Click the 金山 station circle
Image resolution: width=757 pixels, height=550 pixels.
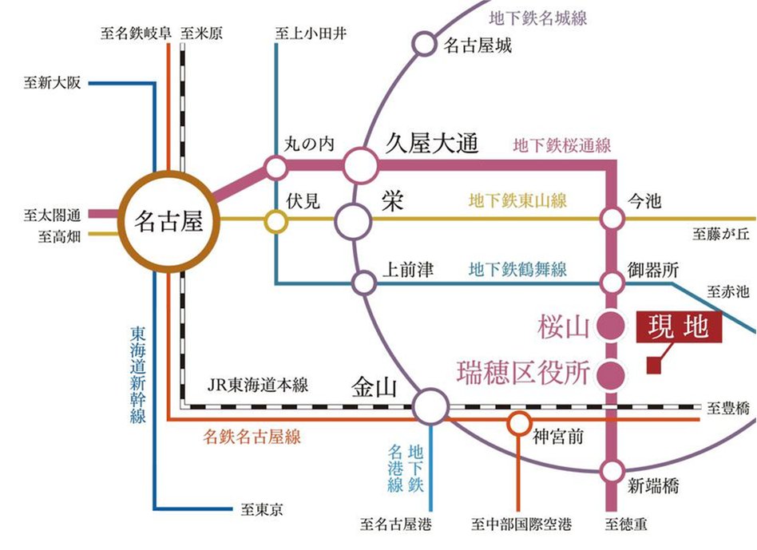[431, 406]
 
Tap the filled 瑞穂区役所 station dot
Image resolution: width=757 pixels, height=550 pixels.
[612, 372]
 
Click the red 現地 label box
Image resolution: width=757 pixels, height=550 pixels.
[678, 327]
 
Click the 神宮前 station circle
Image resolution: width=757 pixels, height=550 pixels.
[520, 421]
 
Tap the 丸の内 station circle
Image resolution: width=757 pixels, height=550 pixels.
[275, 168]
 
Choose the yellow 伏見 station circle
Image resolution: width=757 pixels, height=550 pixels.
[276, 221]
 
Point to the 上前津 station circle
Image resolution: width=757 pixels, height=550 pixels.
[364, 282]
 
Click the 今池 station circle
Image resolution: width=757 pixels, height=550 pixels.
[612, 218]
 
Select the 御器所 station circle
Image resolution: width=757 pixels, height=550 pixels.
[612, 282]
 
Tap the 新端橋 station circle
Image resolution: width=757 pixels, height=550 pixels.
[612, 470]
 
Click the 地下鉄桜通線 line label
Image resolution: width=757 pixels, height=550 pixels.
[562, 146]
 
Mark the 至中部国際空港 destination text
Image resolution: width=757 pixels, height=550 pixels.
[521, 525]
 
